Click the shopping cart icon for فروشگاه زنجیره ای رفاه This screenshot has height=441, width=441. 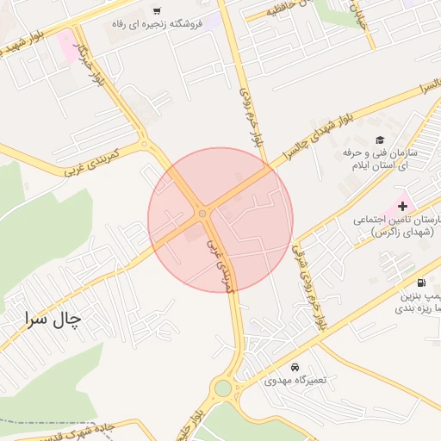point(156,11)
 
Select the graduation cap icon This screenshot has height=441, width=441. point(379,140)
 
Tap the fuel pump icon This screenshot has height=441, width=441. point(420,283)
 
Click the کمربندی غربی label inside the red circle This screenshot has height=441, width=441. point(218,268)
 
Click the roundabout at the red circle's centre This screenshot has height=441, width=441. point(202,213)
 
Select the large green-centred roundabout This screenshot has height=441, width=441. point(223,388)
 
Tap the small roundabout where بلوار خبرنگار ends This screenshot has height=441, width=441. point(144,144)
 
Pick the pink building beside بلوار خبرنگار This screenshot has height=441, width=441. point(66,45)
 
